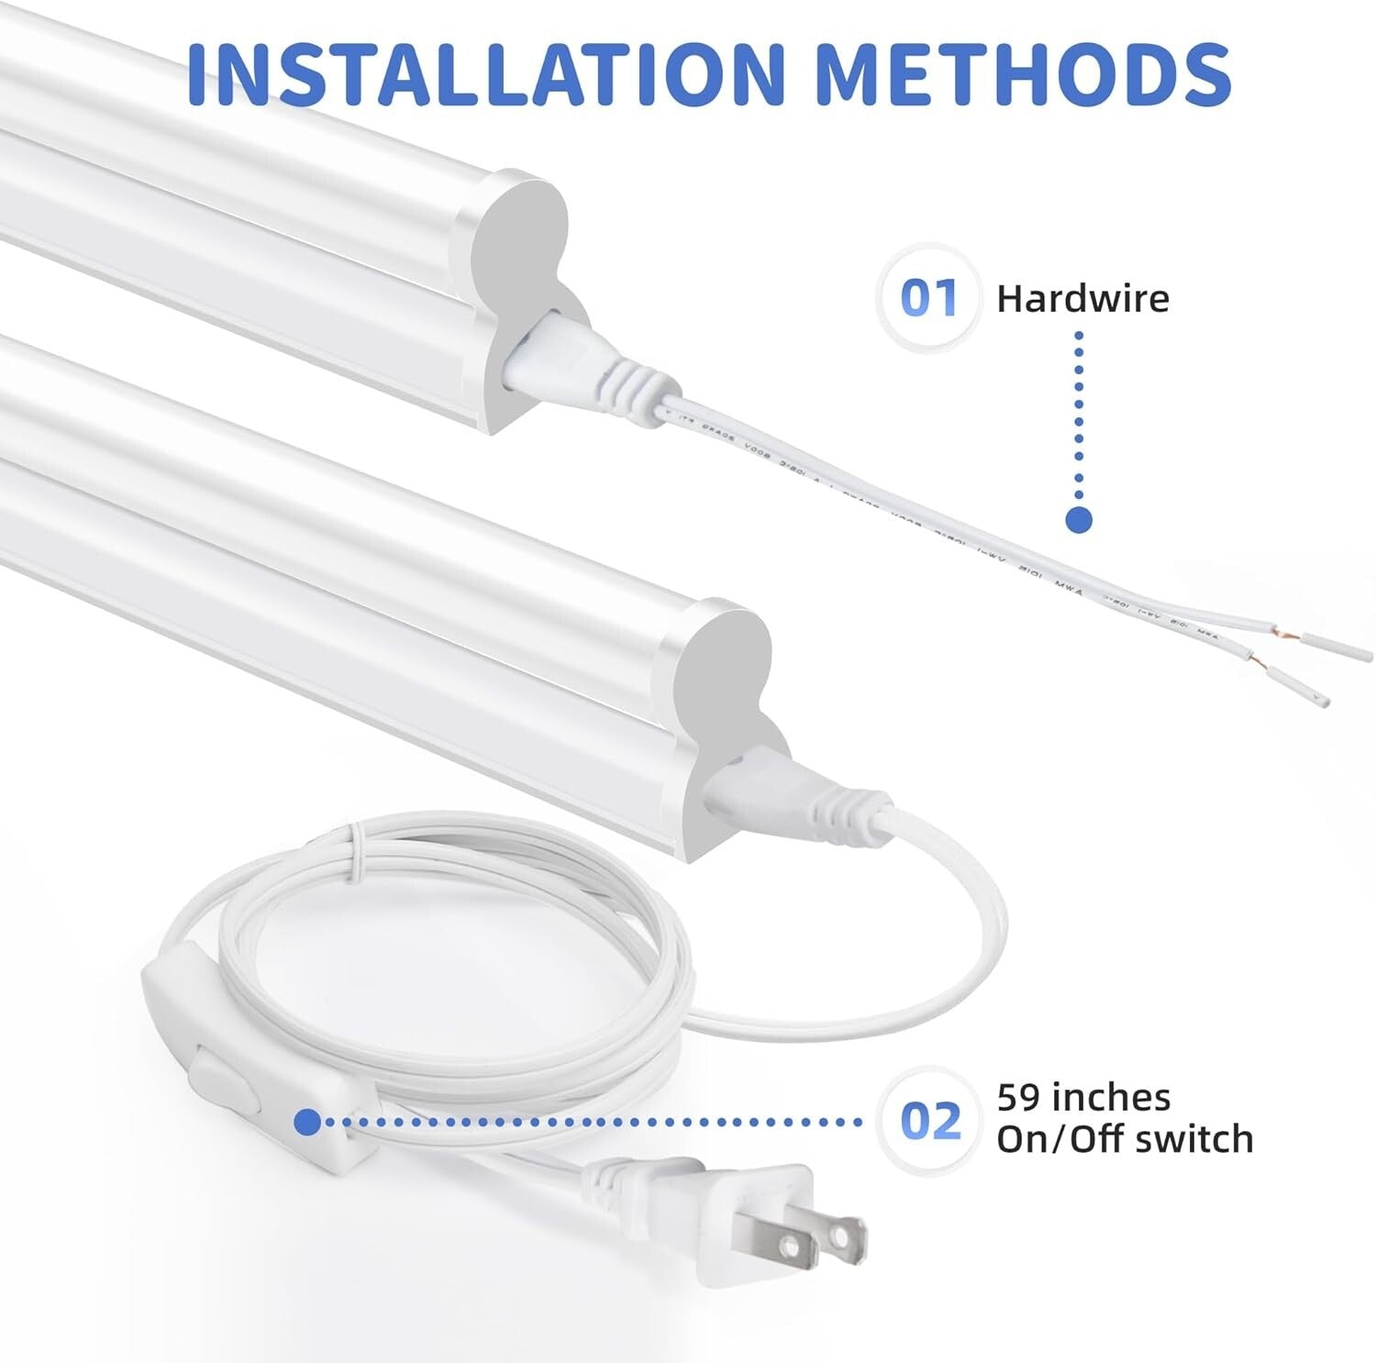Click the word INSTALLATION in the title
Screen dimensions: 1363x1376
point(486,71)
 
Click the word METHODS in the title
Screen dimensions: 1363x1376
point(1022,71)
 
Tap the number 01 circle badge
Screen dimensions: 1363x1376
point(928,298)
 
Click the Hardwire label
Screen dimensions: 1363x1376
point(1082,299)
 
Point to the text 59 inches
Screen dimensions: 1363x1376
point(1083,1097)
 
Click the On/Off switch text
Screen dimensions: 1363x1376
point(1125,1139)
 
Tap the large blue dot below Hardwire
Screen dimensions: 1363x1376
point(1080,519)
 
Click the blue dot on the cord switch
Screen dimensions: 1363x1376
point(308,1121)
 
